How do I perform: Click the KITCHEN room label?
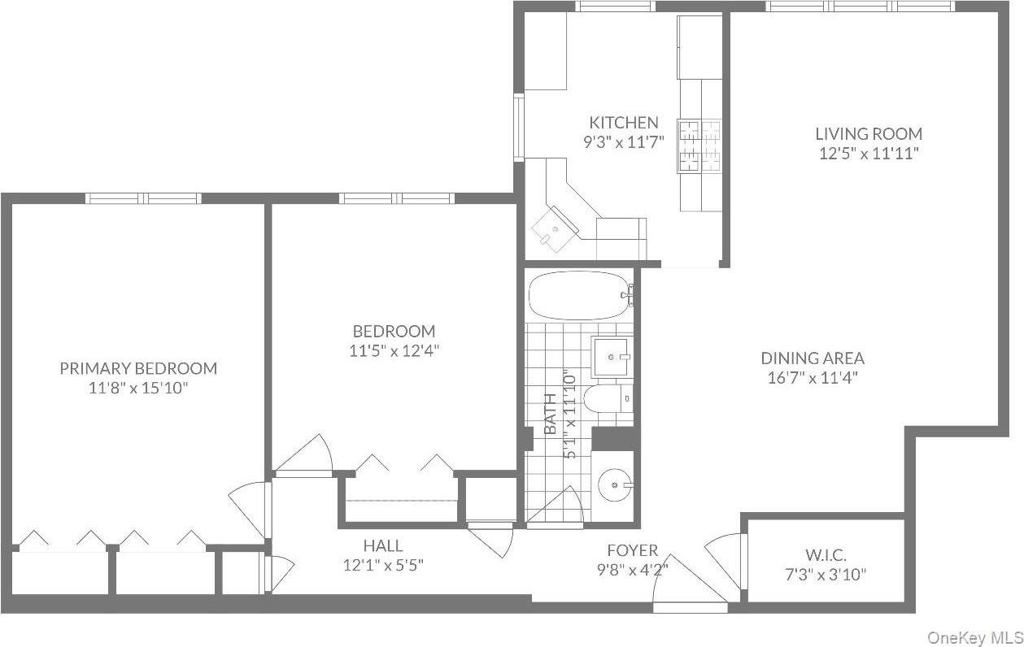coord(624,123)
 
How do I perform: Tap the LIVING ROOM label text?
coord(869,134)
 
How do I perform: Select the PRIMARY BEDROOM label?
coord(138,368)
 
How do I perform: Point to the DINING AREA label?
coord(813,358)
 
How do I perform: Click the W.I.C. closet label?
coord(826,556)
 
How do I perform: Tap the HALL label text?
coord(382,546)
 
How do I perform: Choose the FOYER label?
coord(632,551)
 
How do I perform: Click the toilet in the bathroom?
coord(610,398)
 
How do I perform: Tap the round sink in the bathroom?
coord(615,486)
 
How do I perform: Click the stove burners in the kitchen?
coord(699,145)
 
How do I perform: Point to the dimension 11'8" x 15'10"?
coord(138,389)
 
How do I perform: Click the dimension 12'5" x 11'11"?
coord(869,154)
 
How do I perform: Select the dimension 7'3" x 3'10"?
coord(826,575)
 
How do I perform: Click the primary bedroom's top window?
coord(144,198)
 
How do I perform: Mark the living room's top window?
coord(860,7)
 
